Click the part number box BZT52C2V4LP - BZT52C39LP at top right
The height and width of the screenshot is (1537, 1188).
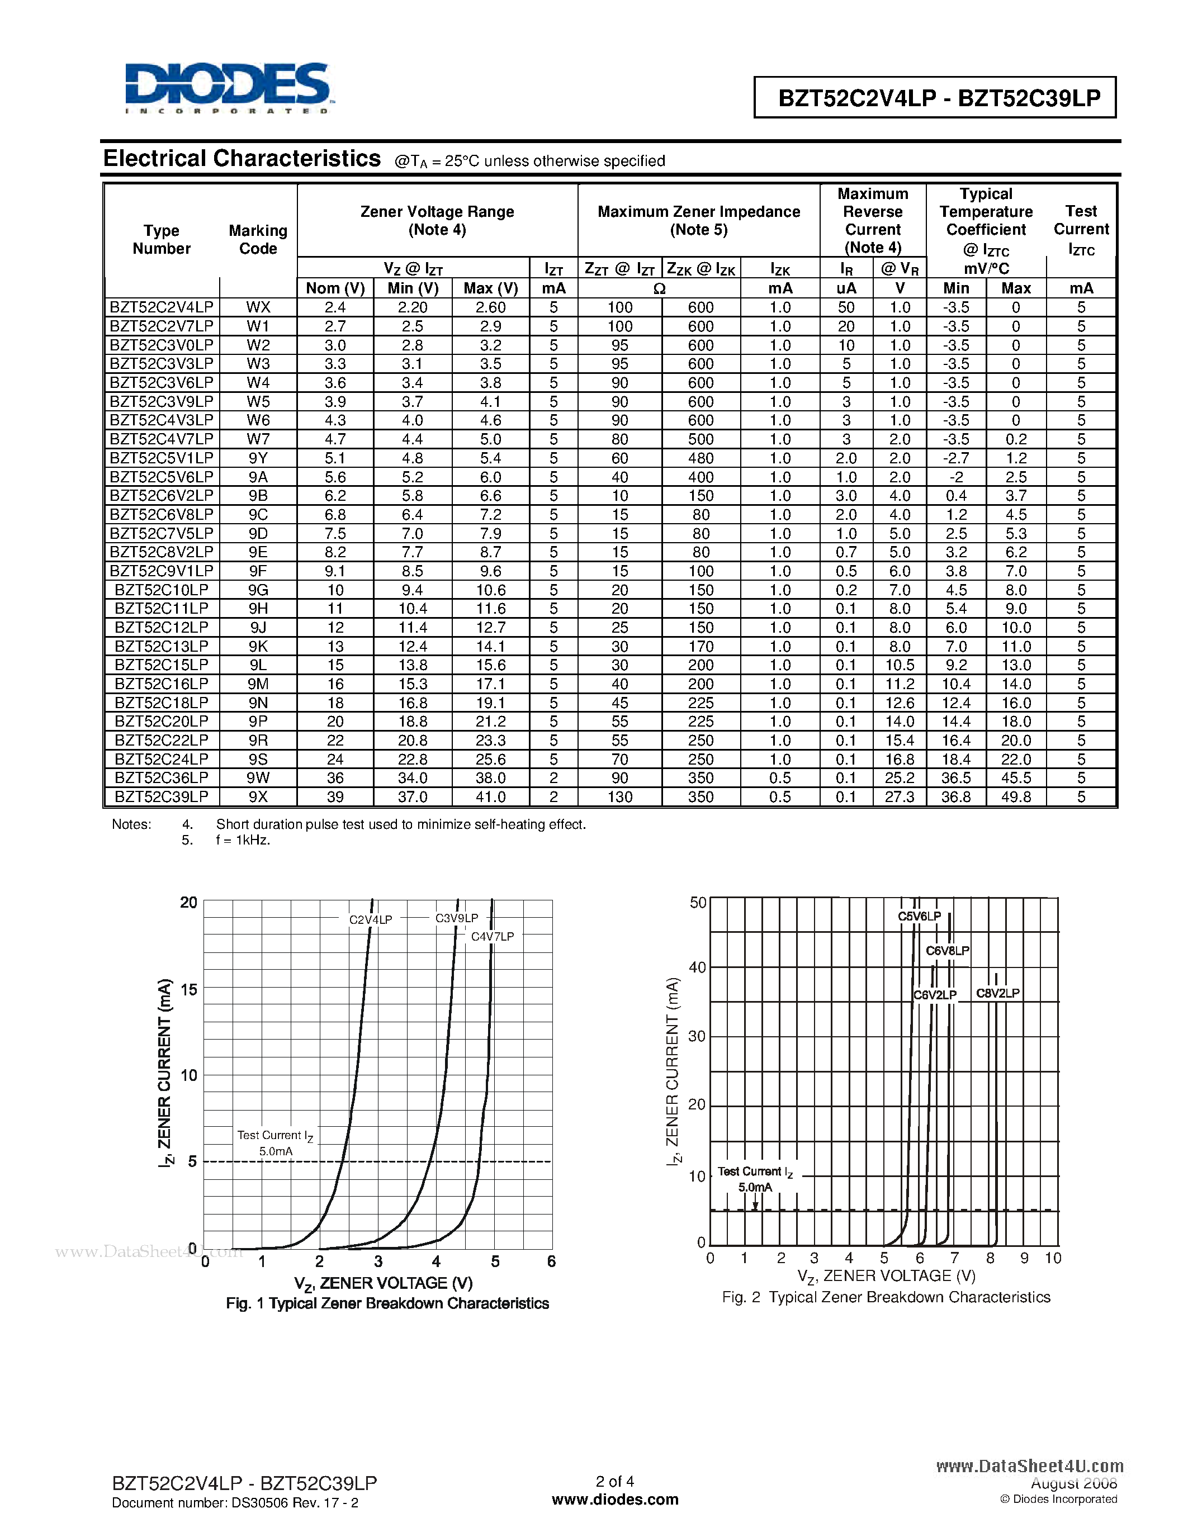938,98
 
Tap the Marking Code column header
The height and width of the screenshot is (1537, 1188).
258,239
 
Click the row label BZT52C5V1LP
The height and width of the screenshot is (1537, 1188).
161,458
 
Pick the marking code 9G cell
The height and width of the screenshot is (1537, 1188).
258,590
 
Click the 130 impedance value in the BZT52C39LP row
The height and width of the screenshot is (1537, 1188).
619,796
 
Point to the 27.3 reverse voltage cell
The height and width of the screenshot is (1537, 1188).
899,796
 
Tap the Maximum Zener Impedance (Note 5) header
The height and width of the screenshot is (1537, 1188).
698,220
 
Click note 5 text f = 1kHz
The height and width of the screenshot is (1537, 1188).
243,840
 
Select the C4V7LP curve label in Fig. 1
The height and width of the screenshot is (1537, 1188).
492,937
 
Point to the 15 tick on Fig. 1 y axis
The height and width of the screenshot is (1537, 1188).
188,989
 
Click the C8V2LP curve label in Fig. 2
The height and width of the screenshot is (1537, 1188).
997,993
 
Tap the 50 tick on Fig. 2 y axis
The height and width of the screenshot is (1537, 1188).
698,902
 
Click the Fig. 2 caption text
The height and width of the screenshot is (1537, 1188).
886,1297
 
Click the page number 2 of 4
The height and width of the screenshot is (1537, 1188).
614,1482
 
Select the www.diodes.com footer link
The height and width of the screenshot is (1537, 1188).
614,1500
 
